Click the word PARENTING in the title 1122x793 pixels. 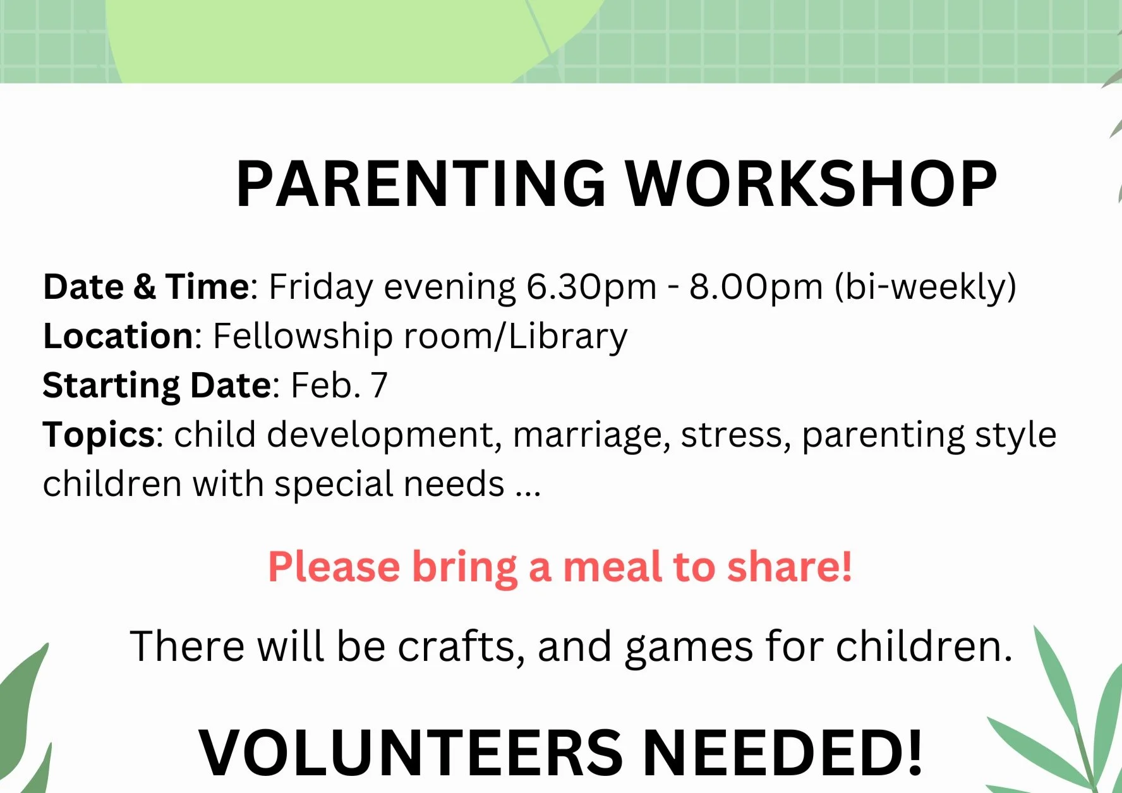[x=421, y=184]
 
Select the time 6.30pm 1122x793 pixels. [x=591, y=287]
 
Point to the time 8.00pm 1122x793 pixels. [x=756, y=287]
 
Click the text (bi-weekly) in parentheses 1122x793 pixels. [x=926, y=287]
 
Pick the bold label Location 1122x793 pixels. [x=118, y=336]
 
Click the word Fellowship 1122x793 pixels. [x=303, y=336]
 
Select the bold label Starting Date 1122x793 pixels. [x=157, y=385]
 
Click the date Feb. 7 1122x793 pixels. [x=339, y=385]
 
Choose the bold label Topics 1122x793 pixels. [x=99, y=435]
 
